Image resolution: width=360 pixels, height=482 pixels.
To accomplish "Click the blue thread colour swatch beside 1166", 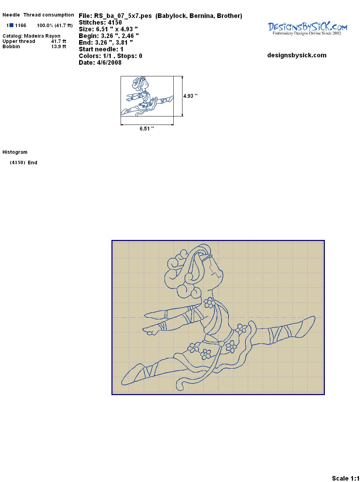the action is click(x=11, y=25).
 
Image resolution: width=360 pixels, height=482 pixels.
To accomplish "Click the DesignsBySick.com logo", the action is click(x=307, y=28).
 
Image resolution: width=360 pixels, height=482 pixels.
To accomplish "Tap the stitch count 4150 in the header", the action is click(x=115, y=23).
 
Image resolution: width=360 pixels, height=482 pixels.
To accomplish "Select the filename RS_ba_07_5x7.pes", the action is click(x=123, y=16).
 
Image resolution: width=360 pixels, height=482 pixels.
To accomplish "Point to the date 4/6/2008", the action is click(x=109, y=63).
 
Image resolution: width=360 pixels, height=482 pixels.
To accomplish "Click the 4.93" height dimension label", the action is click(x=190, y=96).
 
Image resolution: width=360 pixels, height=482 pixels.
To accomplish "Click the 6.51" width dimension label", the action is click(x=147, y=129).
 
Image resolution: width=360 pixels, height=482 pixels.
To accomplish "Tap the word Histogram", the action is click(x=15, y=152).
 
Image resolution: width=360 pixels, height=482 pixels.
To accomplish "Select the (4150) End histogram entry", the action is click(x=24, y=163).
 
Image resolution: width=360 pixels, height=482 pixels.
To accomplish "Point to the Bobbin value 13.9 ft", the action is click(x=59, y=46).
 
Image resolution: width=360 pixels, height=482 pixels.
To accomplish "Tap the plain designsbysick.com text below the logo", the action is click(x=297, y=55).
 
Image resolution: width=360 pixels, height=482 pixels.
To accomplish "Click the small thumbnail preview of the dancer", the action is click(x=147, y=96).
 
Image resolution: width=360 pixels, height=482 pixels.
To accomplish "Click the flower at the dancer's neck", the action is click(x=210, y=303).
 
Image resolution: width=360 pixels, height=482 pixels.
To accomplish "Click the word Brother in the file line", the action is click(x=229, y=16).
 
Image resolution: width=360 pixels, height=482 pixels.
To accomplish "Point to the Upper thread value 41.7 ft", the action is click(x=59, y=41).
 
